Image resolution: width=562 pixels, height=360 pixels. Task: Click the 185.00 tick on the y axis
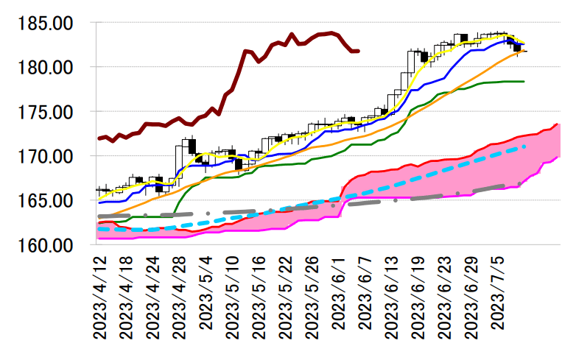click(x=46, y=24)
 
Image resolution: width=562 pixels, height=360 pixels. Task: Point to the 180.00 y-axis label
click(x=46, y=68)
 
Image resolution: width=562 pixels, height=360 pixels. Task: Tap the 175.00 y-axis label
click(x=46, y=112)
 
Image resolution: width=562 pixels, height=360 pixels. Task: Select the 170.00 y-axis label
click(x=46, y=156)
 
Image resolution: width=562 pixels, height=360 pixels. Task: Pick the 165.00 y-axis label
click(x=46, y=200)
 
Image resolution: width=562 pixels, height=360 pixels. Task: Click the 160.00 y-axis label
click(x=46, y=244)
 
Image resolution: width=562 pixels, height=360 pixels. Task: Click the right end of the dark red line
click(x=358, y=51)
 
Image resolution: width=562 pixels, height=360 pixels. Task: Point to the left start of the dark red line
click(x=99, y=138)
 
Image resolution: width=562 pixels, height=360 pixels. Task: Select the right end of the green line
click(x=524, y=81)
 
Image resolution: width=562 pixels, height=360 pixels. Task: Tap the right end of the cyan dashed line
click(x=524, y=147)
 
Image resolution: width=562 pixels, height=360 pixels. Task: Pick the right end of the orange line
click(x=524, y=52)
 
